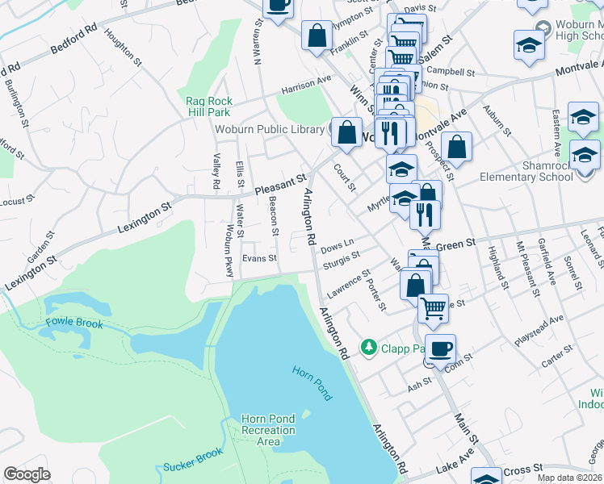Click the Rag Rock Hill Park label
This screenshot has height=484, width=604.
pyautogui.click(x=209, y=106)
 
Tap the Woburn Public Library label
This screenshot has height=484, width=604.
pyautogui.click(x=270, y=129)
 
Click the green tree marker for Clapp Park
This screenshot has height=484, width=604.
pyautogui.click(x=369, y=347)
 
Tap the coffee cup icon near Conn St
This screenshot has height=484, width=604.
pyautogui.click(x=440, y=349)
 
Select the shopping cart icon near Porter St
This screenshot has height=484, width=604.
pyautogui.click(x=434, y=307)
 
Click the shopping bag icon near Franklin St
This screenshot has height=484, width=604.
pyautogui.click(x=317, y=35)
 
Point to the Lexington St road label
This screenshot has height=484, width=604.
pyautogui.click(x=146, y=218)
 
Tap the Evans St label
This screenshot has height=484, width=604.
pyautogui.click(x=261, y=258)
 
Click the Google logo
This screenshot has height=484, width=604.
pyautogui.click(x=27, y=474)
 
